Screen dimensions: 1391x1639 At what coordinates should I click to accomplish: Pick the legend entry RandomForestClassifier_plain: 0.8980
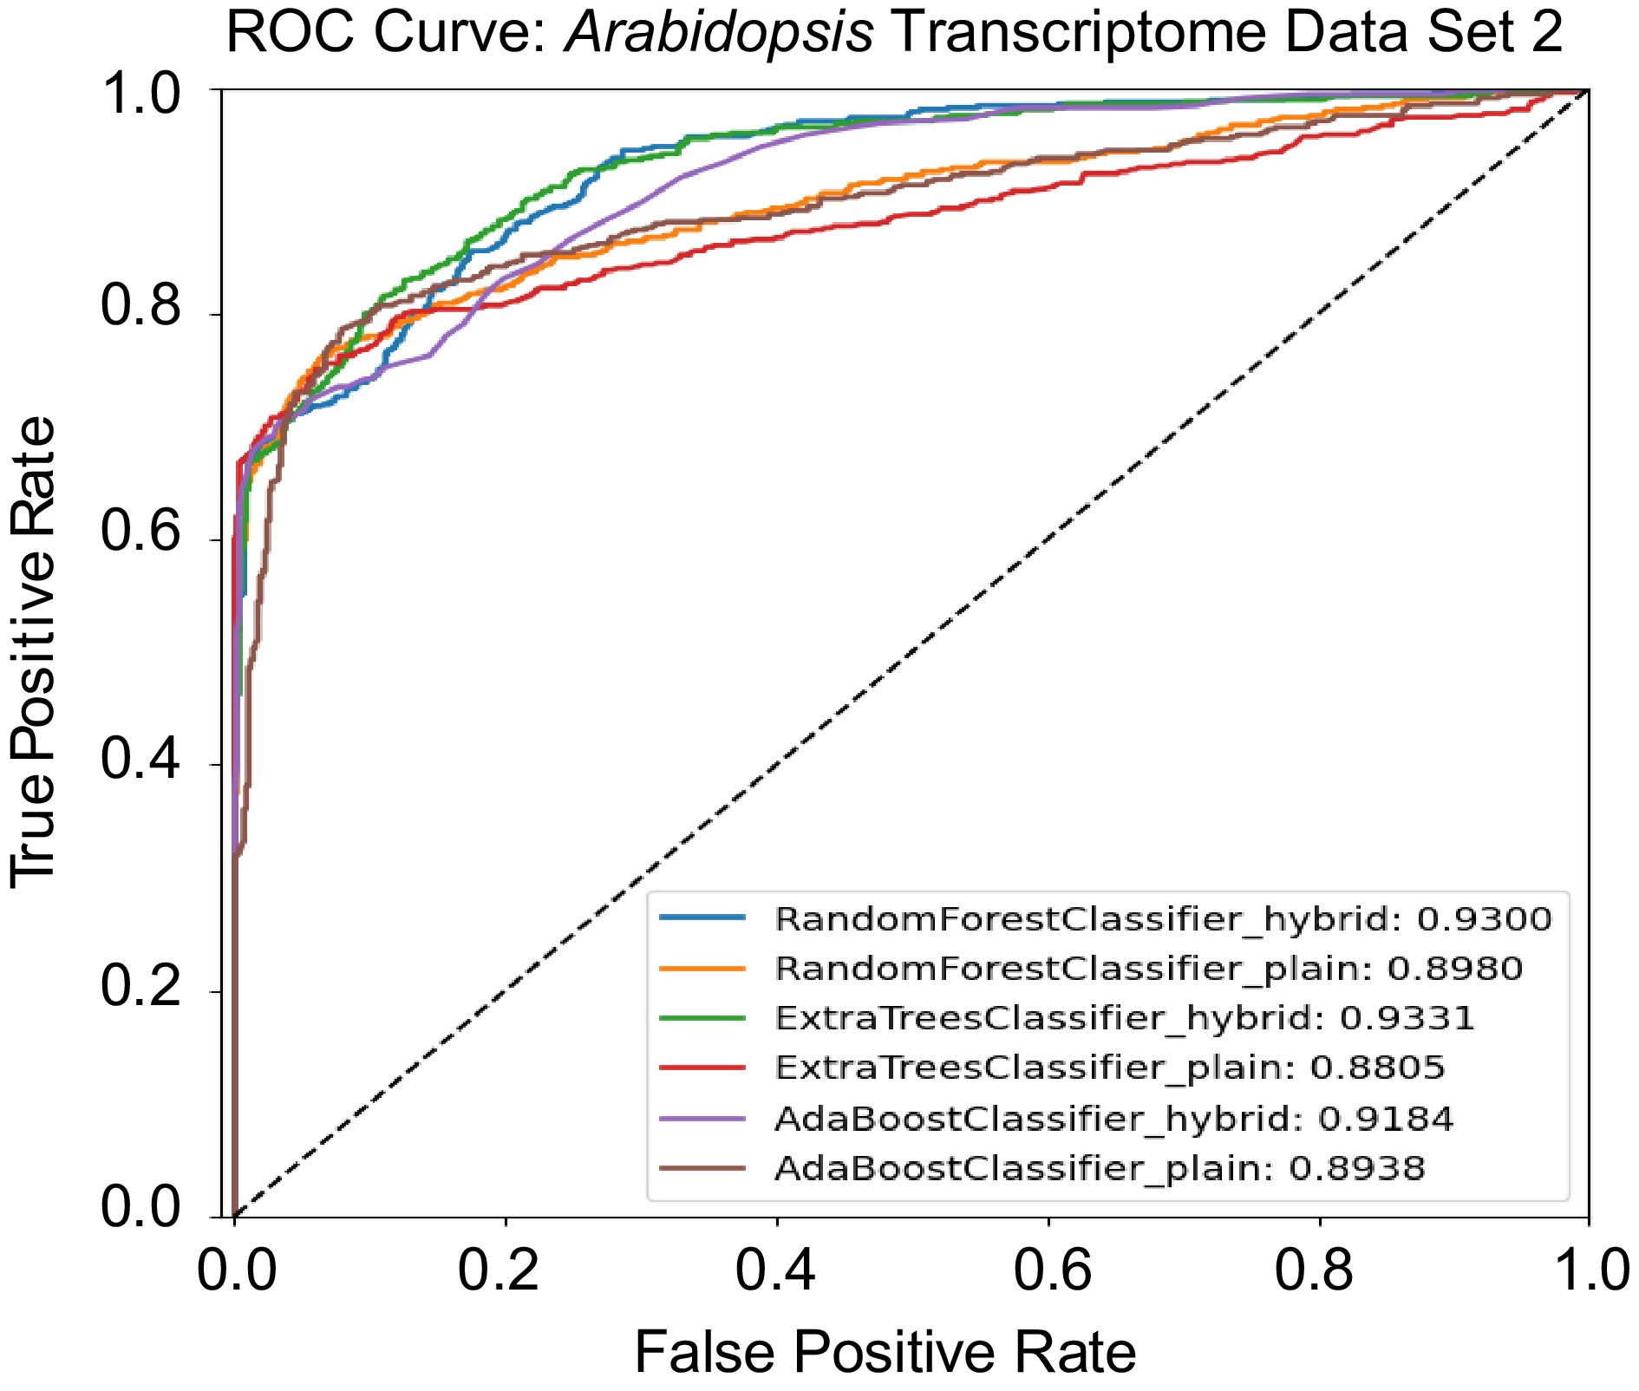coord(1148,969)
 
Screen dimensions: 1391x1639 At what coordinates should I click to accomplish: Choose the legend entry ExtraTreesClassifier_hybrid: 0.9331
coord(1124,1018)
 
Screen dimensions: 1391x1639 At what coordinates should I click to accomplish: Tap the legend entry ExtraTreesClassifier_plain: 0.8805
coord(1109,1068)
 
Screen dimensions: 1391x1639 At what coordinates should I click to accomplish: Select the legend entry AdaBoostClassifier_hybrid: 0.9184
coord(1113,1119)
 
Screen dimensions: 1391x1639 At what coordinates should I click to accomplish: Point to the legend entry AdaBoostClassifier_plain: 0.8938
coord(1099,1168)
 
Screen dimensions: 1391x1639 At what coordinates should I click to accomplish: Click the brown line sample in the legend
coord(702,1168)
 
